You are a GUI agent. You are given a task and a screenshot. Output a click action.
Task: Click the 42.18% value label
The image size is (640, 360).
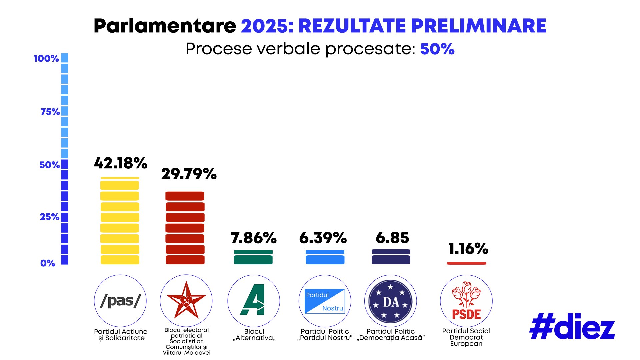pos(120,163)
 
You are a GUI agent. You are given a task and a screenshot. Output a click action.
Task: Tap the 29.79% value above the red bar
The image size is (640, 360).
pos(189,174)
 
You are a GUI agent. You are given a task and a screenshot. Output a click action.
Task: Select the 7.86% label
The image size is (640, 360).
pos(253,238)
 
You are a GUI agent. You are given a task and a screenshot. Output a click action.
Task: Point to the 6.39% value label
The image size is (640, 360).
pos(323,238)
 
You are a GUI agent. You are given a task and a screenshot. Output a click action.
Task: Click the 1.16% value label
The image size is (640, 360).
pos(468,249)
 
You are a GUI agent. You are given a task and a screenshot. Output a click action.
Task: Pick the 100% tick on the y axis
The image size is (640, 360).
pos(46,59)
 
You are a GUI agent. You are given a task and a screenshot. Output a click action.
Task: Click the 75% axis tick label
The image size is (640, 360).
pos(50,112)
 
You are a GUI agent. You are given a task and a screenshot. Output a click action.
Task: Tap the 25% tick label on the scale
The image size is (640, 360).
pos(49,217)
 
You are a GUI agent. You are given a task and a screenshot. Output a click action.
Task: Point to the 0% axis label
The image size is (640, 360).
pos(48,263)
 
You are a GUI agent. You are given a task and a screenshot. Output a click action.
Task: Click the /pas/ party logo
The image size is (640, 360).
pos(120,301)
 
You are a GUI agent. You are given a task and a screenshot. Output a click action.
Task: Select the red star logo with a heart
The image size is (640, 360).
pos(186,301)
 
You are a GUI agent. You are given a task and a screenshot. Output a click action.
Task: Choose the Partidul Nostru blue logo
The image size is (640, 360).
pos(325,301)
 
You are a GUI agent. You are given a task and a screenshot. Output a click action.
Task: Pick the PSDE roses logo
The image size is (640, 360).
pos(466,301)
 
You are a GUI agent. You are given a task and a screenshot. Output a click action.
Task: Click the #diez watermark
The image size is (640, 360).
pos(572,327)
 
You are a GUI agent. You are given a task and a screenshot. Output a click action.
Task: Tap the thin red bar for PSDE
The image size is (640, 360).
pos(466,263)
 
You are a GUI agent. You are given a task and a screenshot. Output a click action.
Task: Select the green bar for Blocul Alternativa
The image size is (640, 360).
pos(253,257)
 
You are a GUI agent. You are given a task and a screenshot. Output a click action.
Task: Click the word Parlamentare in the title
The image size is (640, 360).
pos(165,26)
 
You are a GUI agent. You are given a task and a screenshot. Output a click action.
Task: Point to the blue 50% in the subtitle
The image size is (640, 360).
pos(437,49)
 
